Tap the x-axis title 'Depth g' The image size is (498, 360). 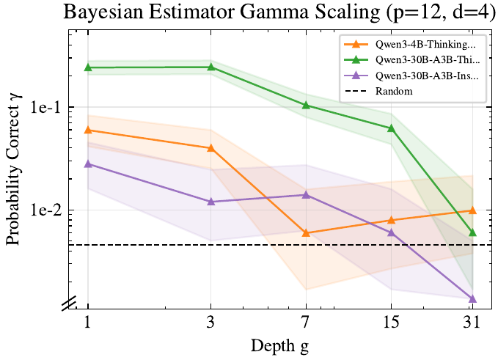pyautogui.click(x=279, y=346)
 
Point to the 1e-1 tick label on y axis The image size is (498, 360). pyautogui.click(x=45, y=108)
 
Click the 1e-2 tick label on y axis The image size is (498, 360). pyautogui.click(x=45, y=210)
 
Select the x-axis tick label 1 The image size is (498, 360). pyautogui.click(x=88, y=323)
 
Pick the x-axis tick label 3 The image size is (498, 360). pyautogui.click(x=211, y=323)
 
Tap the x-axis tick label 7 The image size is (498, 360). pyautogui.click(x=306, y=323)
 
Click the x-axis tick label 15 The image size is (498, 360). pyautogui.click(x=391, y=323)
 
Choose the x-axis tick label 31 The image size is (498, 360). pyautogui.click(x=472, y=323)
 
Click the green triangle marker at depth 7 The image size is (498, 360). pyautogui.click(x=306, y=105)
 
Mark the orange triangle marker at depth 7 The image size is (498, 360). pyautogui.click(x=306, y=233)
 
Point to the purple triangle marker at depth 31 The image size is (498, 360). pyautogui.click(x=472, y=298)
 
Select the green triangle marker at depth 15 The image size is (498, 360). pyautogui.click(x=391, y=128)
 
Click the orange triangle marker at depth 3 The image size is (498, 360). pyautogui.click(x=211, y=147)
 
